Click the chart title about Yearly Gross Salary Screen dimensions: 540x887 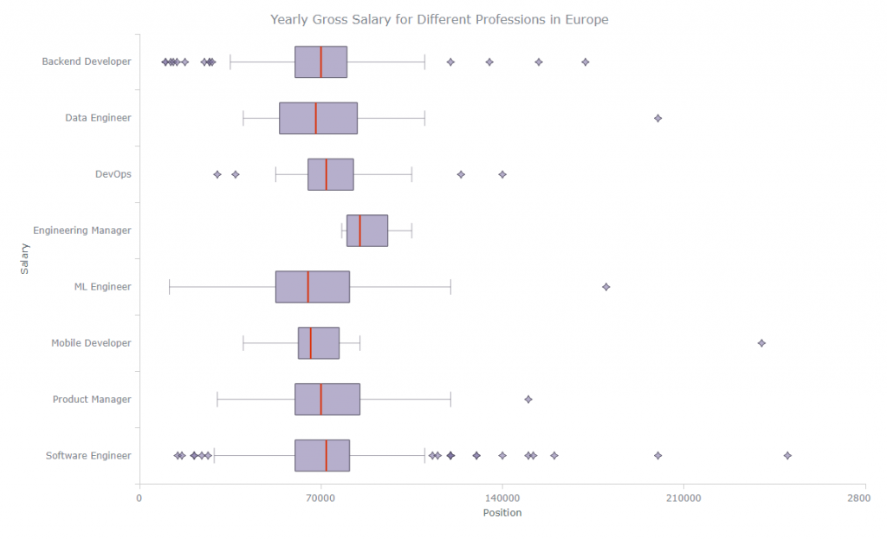[439, 19]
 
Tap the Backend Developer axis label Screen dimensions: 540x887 [87, 62]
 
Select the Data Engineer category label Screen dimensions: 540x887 [98, 118]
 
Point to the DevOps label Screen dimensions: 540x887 [113, 174]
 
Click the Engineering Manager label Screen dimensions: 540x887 [82, 231]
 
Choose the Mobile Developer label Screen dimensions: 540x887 [91, 343]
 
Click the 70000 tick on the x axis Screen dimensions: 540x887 [320, 498]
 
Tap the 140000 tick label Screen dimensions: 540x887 [502, 498]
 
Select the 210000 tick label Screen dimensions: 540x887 [683, 498]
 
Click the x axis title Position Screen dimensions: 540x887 [502, 512]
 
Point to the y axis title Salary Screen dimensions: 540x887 [24, 258]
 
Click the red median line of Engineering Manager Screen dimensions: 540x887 [359, 231]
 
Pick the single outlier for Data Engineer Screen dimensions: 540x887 [657, 118]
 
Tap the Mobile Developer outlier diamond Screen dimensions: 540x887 [761, 343]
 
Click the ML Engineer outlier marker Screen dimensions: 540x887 [605, 287]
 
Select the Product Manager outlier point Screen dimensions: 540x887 [528, 400]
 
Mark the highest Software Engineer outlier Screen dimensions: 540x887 [787, 456]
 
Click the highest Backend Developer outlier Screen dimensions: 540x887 [586, 62]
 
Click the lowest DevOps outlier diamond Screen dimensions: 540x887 [217, 174]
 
